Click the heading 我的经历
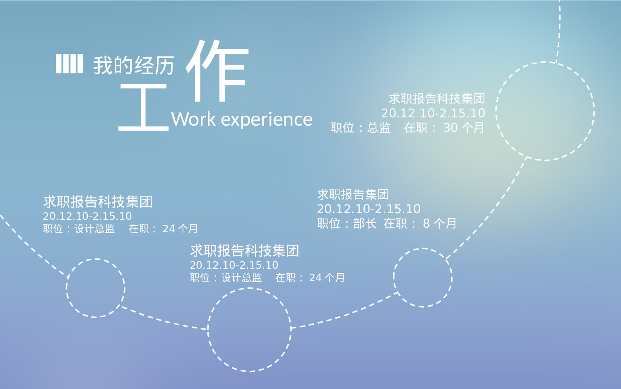coord(133,66)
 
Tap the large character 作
coord(218,71)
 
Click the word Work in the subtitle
coord(193,119)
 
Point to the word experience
coord(267,119)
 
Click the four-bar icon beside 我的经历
coord(69,64)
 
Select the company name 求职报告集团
coord(353,194)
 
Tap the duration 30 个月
coord(464,128)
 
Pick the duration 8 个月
coord(440,224)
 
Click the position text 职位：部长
coord(347,224)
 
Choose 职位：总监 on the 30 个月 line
coord(361,128)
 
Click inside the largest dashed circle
coord(545,111)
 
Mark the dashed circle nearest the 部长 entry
coord(423,277)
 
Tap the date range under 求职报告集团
coord(368,209)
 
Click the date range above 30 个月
coord(433,113)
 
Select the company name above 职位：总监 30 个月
coord(437,99)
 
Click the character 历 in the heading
coord(164,66)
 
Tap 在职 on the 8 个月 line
coord(395,224)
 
